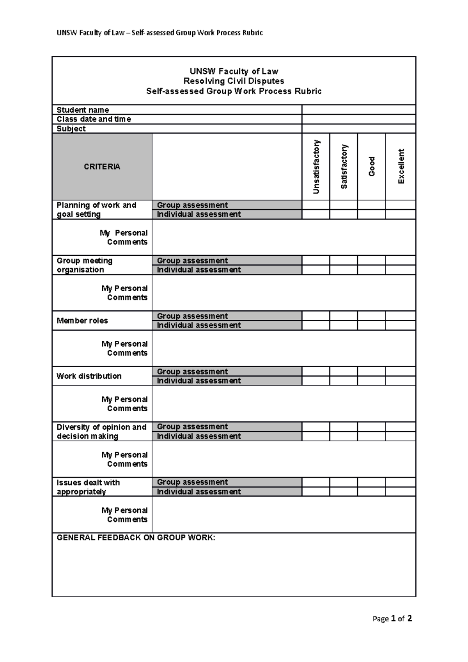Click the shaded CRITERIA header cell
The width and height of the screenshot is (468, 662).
pos(102,167)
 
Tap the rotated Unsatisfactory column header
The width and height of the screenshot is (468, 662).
pos(316,167)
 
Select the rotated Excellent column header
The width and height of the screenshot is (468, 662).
pos(401,166)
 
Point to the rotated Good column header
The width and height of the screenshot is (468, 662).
pos(372,166)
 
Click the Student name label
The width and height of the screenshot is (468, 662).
pos(83,110)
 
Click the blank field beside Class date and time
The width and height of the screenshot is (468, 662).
pos(358,119)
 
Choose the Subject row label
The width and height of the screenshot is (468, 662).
pos(71,129)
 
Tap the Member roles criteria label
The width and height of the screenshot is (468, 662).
pos(82,320)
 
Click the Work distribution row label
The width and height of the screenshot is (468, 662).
pos(89,376)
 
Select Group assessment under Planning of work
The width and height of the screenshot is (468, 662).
pos(192,205)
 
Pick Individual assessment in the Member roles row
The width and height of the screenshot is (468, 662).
pos(199,325)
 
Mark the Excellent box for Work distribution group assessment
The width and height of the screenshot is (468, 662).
pos(401,372)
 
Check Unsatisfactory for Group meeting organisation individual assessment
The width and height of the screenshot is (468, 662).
pos(316,270)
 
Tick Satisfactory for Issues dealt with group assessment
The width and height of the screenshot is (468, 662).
pos(344,482)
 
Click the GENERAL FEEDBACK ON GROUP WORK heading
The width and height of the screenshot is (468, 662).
pos(136,538)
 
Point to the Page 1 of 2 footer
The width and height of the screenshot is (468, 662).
pos(392,618)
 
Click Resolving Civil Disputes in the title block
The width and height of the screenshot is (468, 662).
pos(234,81)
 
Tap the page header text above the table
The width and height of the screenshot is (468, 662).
pos(160,33)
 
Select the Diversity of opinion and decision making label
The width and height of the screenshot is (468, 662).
pos(101,432)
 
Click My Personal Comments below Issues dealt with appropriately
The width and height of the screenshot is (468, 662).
pos(124,515)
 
